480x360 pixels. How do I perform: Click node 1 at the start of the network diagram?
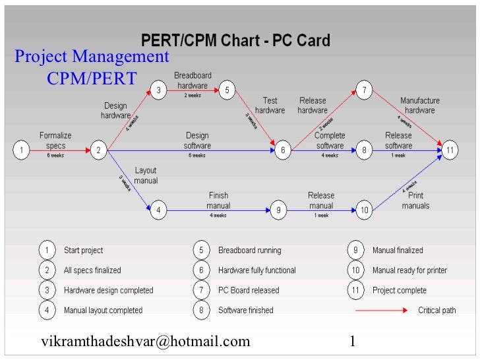[21, 150]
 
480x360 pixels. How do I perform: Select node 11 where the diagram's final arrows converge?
[449, 150]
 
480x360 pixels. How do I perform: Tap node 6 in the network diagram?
[282, 150]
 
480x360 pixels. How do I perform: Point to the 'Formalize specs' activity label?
[55, 140]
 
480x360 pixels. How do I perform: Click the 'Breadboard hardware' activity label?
[193, 80]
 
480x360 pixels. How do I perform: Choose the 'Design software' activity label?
[197, 140]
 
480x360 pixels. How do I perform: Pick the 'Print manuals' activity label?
[415, 200]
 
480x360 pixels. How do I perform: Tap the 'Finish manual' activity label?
[218, 200]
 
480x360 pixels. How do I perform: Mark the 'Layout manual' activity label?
[146, 175]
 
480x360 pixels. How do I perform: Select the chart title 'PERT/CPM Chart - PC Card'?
[237, 41]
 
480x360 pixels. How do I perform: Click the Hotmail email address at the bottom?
[146, 341]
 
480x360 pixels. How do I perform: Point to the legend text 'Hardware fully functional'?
[257, 270]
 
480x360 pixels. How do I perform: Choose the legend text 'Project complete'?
[400, 290]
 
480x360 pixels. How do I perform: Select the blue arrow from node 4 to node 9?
[218, 210]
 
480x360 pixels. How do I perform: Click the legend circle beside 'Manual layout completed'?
[47, 310]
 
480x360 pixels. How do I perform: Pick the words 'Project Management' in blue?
[92, 57]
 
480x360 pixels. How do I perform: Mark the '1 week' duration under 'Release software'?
[398, 156]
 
